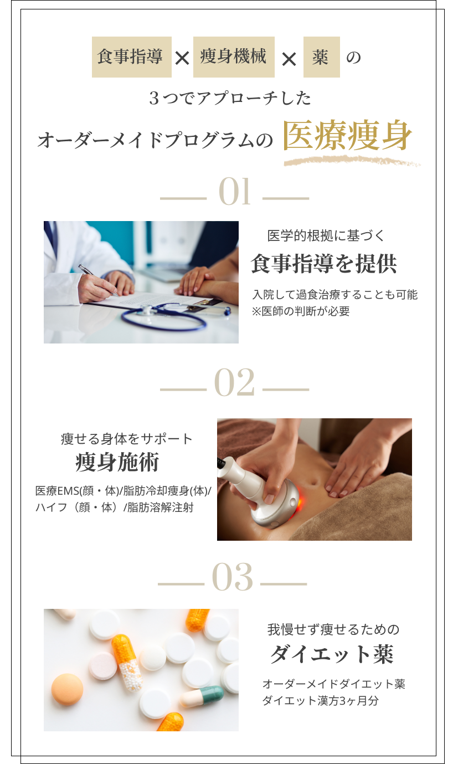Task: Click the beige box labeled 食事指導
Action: click(132, 57)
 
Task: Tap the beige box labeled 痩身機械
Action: click(234, 57)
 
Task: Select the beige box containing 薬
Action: click(322, 57)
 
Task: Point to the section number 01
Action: click(235, 191)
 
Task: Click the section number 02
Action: click(234, 382)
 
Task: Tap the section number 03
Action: click(233, 577)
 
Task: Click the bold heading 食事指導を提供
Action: click(323, 263)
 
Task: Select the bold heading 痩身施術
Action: click(117, 462)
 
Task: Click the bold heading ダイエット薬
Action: click(332, 654)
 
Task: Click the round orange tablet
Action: click(67, 690)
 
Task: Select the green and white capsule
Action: click(203, 696)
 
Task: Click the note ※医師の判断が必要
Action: click(301, 311)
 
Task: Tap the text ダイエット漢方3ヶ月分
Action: click(320, 701)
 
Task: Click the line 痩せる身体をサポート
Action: click(127, 439)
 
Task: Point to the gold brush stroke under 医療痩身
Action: click(352, 161)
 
